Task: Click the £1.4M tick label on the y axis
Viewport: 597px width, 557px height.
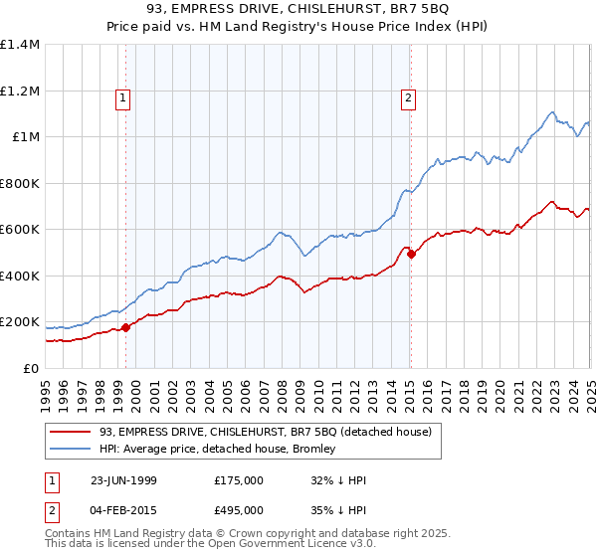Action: pyautogui.click(x=20, y=45)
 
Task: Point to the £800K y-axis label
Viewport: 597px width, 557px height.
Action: pyautogui.click(x=19, y=183)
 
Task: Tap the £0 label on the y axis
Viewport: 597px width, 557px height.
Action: pyautogui.click(x=31, y=368)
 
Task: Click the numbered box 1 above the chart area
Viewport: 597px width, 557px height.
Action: pyautogui.click(x=122, y=97)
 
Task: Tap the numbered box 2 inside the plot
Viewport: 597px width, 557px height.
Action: pyautogui.click(x=409, y=97)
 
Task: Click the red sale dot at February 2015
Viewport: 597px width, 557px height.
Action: pyautogui.click(x=410, y=255)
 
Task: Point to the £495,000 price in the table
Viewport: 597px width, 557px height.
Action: pyautogui.click(x=239, y=510)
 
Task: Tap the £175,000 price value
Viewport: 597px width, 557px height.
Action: pyautogui.click(x=239, y=480)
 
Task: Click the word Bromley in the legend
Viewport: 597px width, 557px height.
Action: pyautogui.click(x=313, y=450)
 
